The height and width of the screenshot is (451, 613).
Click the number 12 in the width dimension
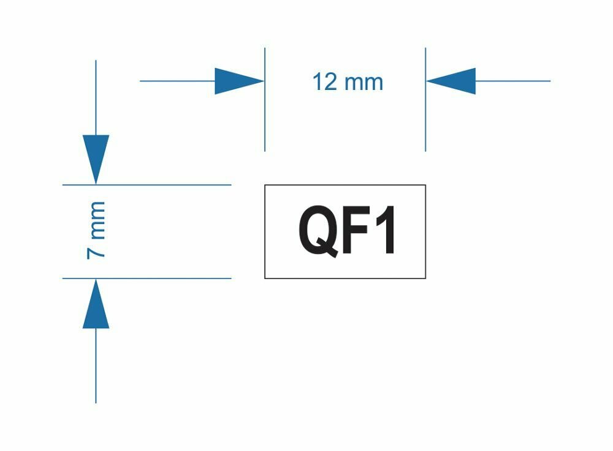click(x=325, y=81)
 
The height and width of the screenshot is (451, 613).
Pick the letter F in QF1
click(x=356, y=231)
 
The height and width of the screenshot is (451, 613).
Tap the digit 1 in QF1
click(x=387, y=231)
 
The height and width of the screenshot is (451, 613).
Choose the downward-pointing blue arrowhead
click(x=96, y=156)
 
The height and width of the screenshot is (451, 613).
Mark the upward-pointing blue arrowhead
click(x=96, y=306)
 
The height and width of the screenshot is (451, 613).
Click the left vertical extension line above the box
click(x=265, y=122)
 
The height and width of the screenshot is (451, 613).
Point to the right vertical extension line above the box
click(x=425, y=122)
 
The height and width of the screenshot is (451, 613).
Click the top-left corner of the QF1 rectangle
click(x=265, y=185)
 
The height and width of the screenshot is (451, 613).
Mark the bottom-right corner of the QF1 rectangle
click(x=425, y=278)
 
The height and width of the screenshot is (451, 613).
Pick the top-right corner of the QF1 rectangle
click(x=425, y=185)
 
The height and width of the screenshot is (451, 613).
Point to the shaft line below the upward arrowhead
click(x=96, y=367)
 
